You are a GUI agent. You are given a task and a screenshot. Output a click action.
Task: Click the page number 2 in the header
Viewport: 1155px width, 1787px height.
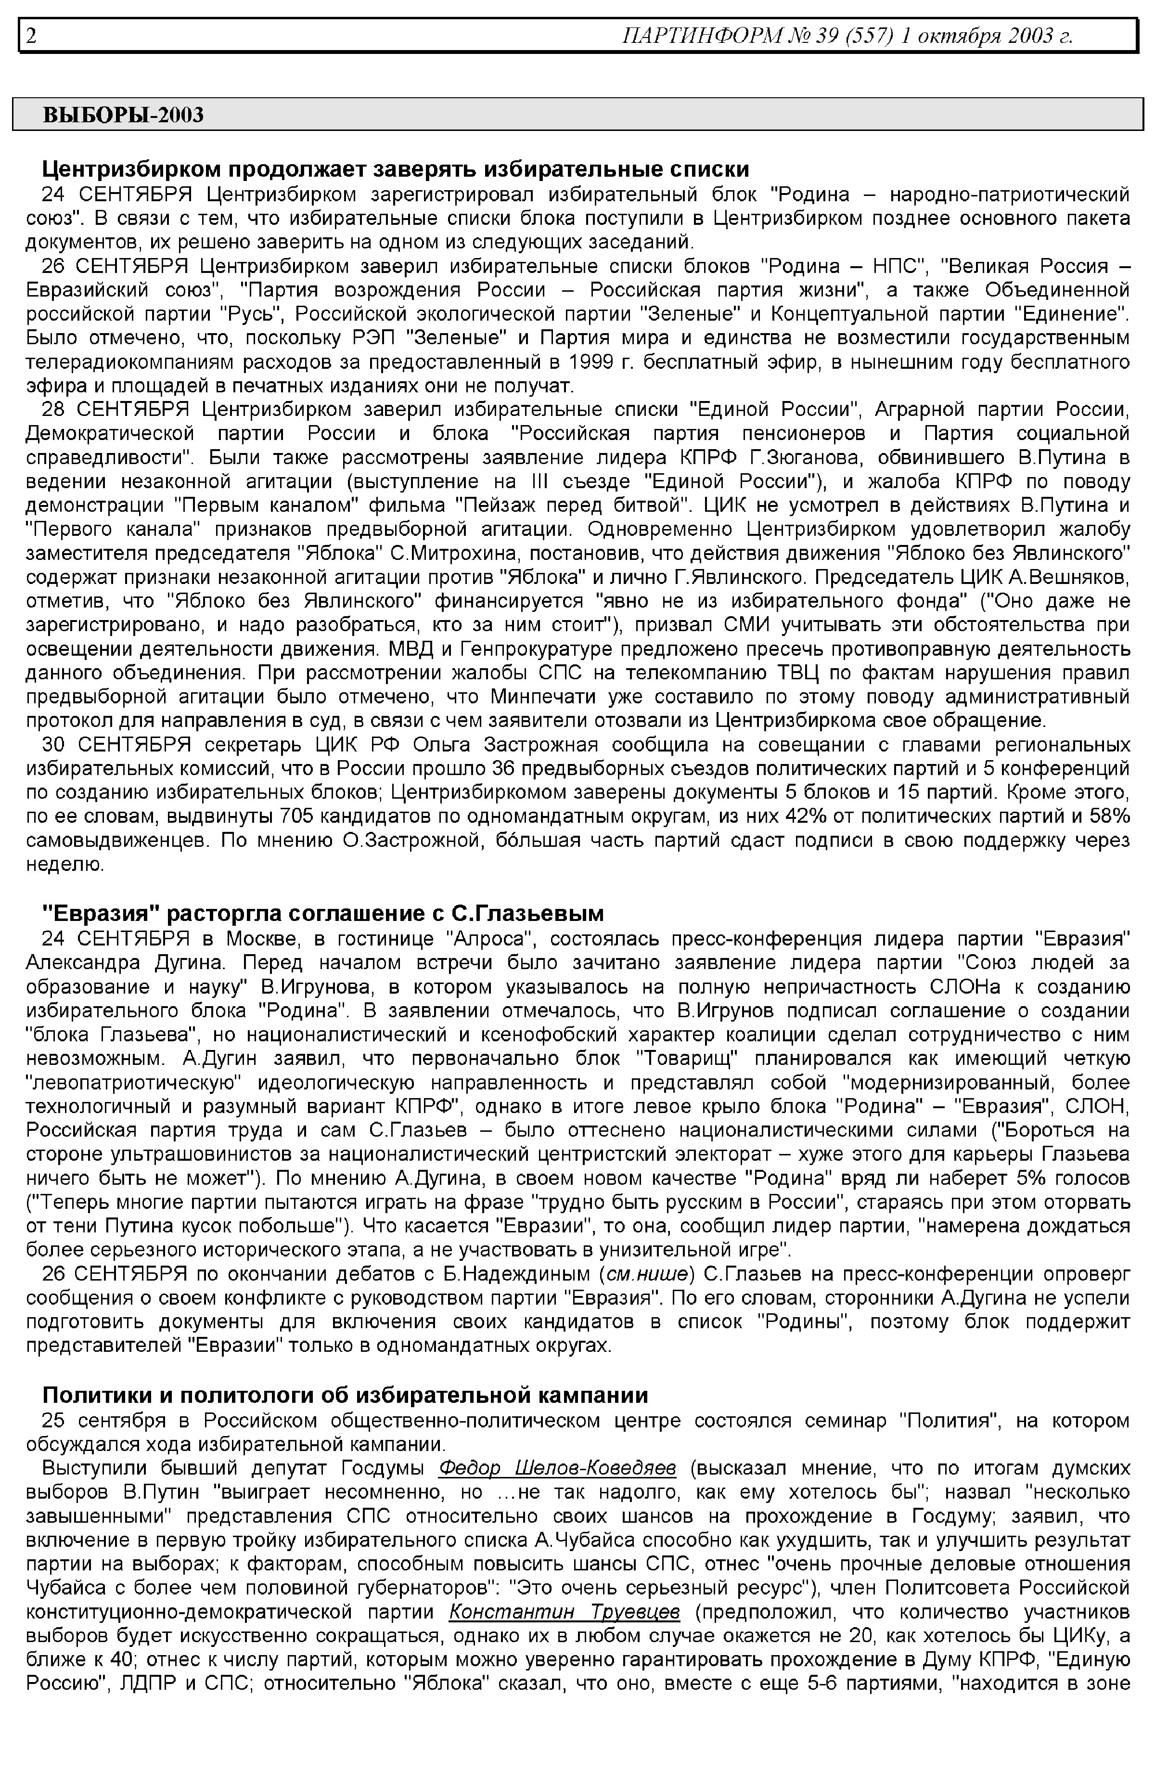[31, 35]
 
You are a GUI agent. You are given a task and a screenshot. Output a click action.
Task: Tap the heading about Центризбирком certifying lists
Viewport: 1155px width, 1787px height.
[395, 169]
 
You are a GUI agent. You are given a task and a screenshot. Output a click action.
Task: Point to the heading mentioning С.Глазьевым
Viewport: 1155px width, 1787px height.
[322, 914]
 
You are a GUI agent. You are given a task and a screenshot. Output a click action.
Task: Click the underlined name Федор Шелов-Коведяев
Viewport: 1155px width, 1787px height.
[557, 1468]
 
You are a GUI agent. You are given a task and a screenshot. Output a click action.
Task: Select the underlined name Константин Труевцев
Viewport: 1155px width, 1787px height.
[565, 1612]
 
